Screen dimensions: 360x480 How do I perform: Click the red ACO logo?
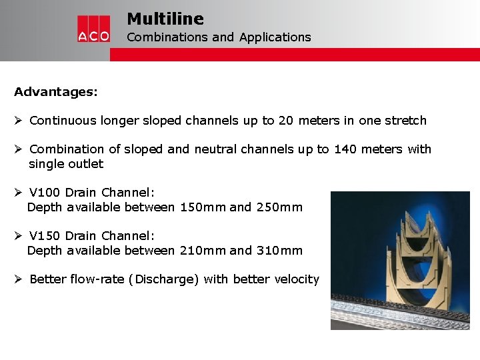[93, 29]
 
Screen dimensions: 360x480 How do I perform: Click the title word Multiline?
[165, 19]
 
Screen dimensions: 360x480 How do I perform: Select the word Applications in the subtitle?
[275, 37]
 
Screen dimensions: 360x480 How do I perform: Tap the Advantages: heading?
[56, 92]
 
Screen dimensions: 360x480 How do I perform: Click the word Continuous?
[63, 121]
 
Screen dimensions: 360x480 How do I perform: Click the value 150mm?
[203, 207]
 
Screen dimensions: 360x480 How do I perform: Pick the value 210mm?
[203, 251]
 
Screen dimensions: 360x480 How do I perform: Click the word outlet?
[85, 164]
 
